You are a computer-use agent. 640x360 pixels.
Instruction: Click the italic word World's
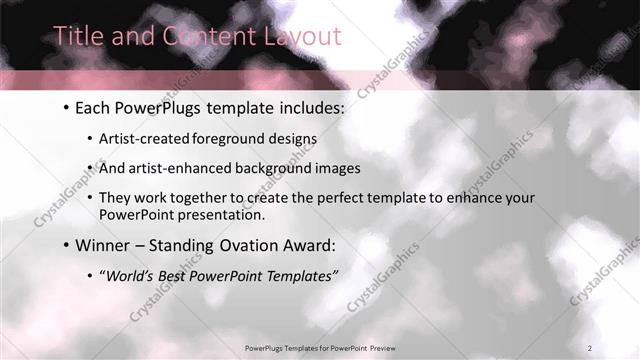130,273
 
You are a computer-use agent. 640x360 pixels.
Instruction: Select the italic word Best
175,273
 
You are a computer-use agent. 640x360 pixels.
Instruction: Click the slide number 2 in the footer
589,347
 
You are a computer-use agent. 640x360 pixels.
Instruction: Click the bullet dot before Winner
65,244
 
